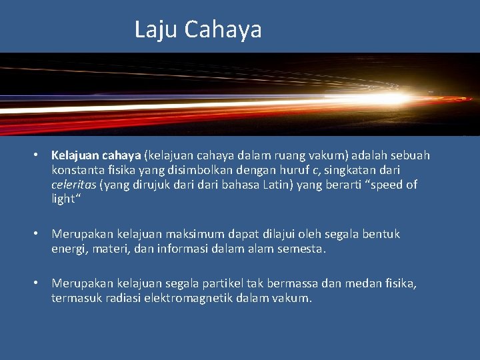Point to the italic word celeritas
(x=74, y=185)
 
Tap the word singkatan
(x=359, y=170)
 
